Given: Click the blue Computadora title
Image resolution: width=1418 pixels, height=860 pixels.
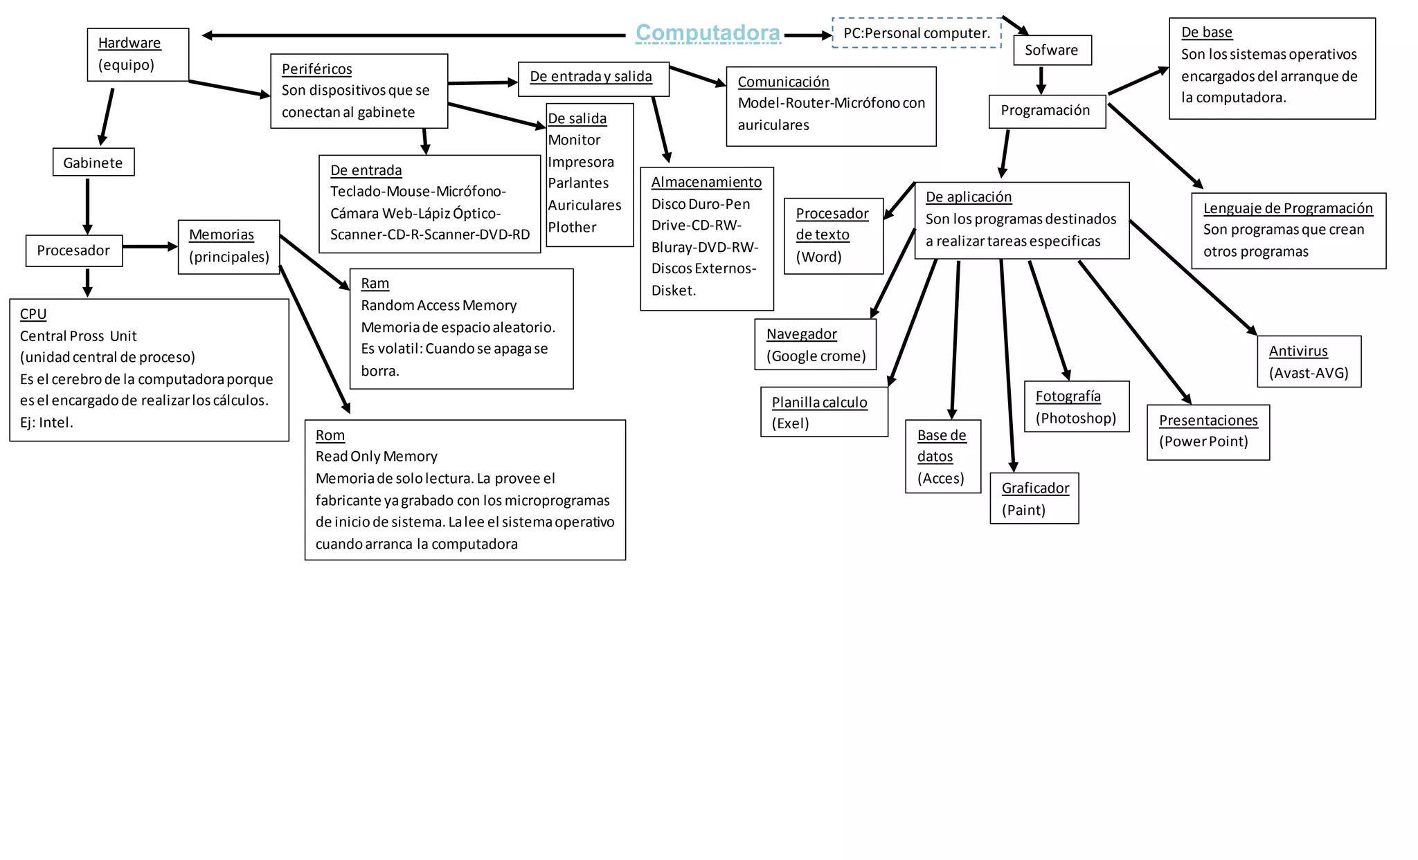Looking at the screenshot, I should (708, 33).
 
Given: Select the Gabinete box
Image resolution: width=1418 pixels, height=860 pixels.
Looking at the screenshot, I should (93, 163).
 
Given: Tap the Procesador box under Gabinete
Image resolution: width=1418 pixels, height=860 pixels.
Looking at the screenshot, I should (74, 250).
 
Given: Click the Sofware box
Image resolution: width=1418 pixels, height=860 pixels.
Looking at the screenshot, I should (1052, 51).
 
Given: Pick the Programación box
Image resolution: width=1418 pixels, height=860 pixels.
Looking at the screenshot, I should (1046, 111).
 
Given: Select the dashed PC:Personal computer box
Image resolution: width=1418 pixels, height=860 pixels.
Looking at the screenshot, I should (917, 33).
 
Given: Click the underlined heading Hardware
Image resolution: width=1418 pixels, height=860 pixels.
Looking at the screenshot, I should (129, 43).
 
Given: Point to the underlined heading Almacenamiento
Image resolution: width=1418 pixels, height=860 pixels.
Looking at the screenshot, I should (706, 182).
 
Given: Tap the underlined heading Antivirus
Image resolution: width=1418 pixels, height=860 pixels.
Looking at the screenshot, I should (1298, 351).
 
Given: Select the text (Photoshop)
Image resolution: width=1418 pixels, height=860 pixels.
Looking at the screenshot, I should (1076, 419).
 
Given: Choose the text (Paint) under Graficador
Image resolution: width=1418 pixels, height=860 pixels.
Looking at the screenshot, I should (1023, 511).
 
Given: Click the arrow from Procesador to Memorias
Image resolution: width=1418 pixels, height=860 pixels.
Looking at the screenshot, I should (150, 246).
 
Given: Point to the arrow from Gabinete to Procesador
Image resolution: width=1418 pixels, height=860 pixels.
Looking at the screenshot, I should (88, 205).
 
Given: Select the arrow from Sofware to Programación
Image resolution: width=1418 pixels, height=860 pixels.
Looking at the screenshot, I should (1041, 80).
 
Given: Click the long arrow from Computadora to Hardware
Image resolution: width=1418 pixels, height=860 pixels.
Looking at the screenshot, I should (415, 35).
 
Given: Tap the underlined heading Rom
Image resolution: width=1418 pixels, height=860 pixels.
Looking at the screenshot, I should (330, 435).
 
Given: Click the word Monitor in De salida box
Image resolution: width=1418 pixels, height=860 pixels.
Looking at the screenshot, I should (575, 140).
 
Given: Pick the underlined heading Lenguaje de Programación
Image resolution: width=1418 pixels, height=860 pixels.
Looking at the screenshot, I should (1288, 208).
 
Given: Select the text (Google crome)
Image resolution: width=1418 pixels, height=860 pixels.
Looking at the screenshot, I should (816, 356).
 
